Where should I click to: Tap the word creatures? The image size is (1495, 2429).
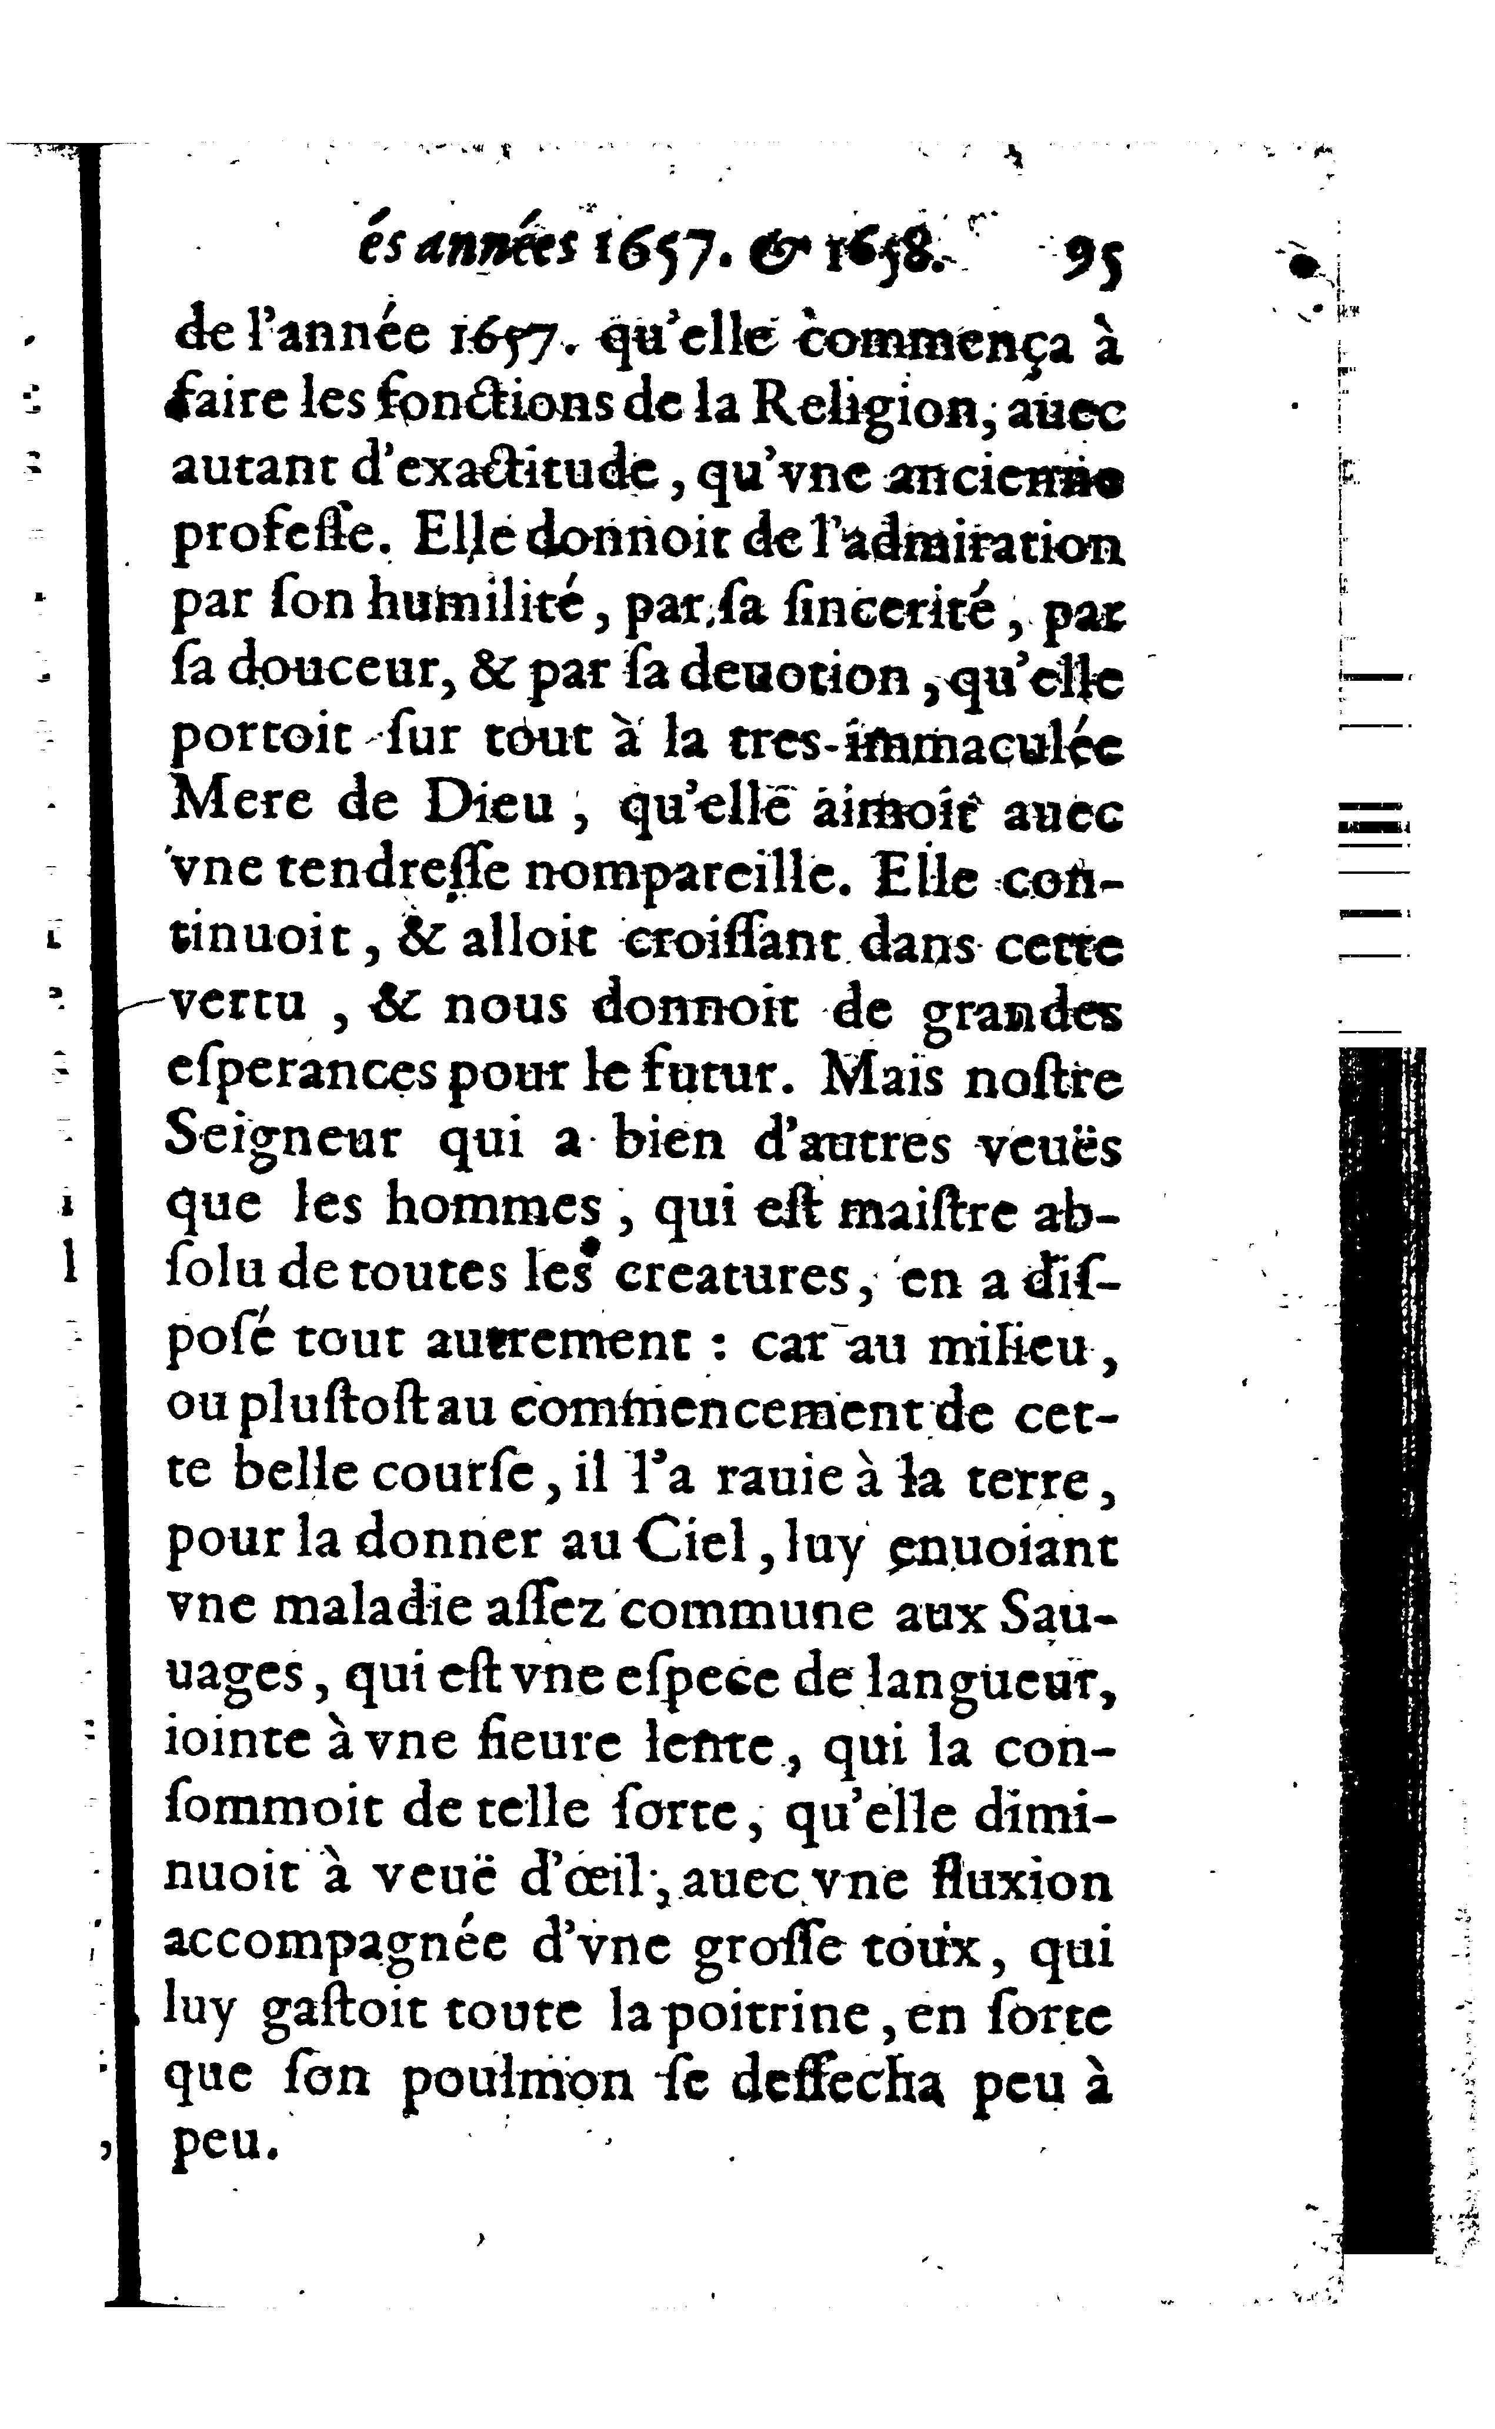pyautogui.click(x=732, y=1279)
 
